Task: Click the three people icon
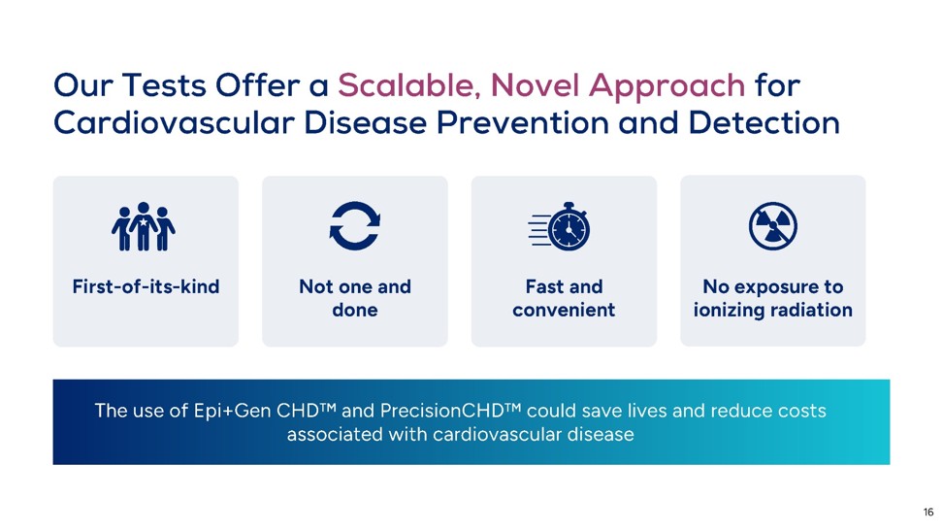click(x=144, y=226)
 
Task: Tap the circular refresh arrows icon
click(x=355, y=226)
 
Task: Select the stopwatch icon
click(x=560, y=226)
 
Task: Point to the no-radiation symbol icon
click(x=773, y=226)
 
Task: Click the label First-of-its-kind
click(x=146, y=286)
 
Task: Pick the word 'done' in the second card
click(x=355, y=310)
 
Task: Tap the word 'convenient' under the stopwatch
click(x=564, y=310)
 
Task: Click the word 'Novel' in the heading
click(x=534, y=84)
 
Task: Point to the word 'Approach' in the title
click(x=667, y=86)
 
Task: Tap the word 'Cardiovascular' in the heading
click(x=174, y=123)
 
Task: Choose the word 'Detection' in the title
click(x=764, y=123)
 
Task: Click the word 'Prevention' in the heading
click(x=523, y=123)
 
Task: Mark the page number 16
click(x=928, y=513)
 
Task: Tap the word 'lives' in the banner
click(x=647, y=411)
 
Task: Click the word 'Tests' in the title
click(x=164, y=84)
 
